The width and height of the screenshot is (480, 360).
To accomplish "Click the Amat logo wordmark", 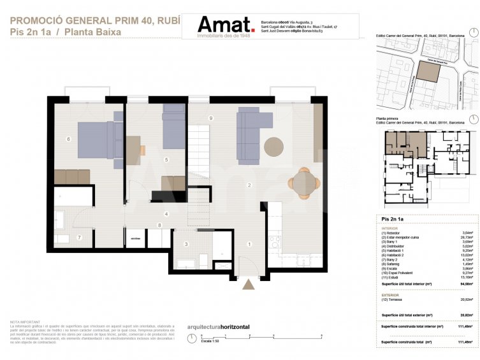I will [x=226, y=25].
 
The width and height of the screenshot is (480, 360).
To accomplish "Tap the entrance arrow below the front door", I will [x=249, y=284].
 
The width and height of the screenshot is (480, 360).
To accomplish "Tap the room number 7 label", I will [x=79, y=237].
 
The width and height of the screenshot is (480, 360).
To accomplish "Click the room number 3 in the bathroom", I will [x=187, y=244].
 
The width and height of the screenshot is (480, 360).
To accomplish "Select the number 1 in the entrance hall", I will [x=249, y=244].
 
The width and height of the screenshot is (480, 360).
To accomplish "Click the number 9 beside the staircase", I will [x=210, y=119].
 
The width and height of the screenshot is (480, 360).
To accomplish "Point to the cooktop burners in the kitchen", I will [x=275, y=243].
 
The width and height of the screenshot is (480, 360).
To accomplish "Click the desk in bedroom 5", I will [x=133, y=150].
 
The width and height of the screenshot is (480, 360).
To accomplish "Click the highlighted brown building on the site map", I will [x=427, y=71].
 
